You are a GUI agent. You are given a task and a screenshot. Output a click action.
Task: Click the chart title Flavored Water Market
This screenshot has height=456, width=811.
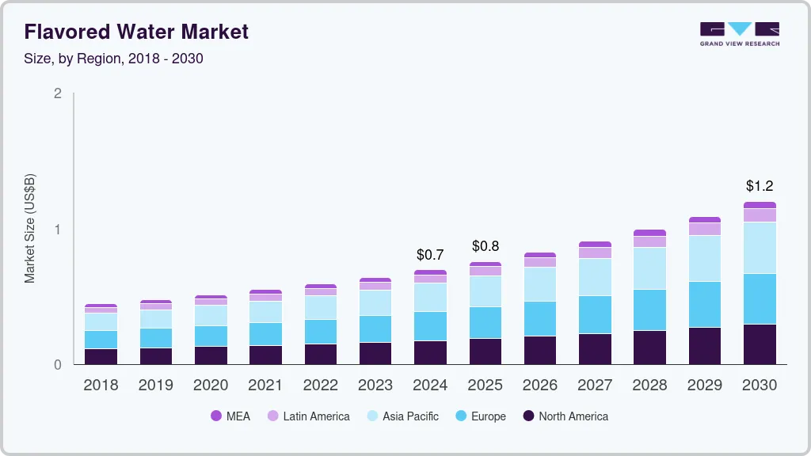[136, 32]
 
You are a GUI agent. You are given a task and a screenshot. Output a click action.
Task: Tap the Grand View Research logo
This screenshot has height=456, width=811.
[739, 34]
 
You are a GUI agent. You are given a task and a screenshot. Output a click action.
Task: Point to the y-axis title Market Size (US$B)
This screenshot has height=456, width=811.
[29, 228]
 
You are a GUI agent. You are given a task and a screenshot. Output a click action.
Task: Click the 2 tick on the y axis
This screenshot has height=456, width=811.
[57, 93]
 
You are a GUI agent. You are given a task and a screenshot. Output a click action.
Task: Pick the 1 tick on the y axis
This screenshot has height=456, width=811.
[57, 230]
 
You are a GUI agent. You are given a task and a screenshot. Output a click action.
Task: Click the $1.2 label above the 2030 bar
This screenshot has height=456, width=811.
[760, 186]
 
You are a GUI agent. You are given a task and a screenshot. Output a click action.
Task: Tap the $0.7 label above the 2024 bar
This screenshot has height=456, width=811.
[430, 255]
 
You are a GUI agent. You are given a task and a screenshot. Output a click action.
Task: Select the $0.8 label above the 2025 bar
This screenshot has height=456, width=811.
[485, 246]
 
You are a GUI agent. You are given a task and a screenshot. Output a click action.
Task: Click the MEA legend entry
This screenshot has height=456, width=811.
[230, 416]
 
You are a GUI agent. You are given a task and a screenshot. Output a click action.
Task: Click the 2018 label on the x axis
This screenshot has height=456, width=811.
[101, 386]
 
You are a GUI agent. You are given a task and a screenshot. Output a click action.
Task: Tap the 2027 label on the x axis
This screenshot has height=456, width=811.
[595, 386]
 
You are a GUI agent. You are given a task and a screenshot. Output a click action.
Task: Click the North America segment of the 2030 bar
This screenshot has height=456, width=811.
[760, 344]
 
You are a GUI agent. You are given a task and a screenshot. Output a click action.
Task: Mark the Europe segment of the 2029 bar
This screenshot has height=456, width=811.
[705, 305]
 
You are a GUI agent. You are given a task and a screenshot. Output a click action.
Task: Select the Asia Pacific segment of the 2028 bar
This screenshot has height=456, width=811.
[649, 268]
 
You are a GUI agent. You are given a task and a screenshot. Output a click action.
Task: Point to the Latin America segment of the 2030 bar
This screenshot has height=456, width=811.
[760, 215]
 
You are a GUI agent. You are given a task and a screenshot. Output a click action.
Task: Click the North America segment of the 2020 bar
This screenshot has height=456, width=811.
[211, 355]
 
